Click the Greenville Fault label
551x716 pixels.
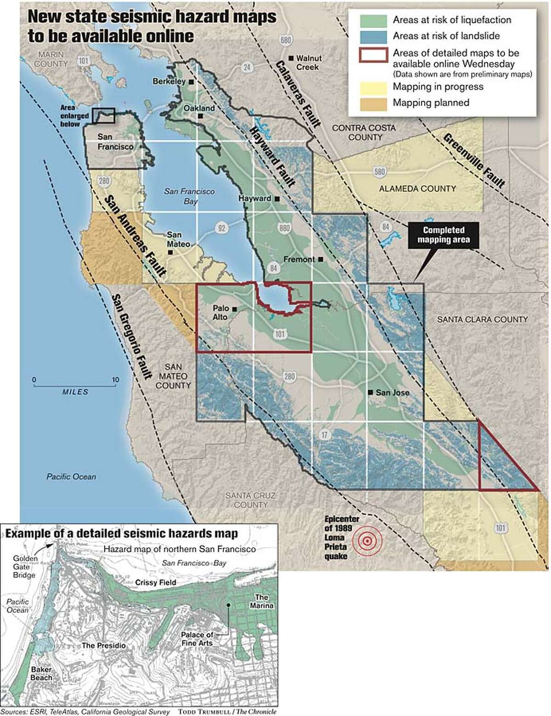point(474,160)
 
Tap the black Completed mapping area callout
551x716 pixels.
point(443,235)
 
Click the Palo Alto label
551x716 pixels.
point(220,313)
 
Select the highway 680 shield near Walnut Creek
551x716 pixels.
point(286,40)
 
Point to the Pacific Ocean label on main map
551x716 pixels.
point(71,477)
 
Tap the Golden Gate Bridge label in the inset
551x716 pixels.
point(24,567)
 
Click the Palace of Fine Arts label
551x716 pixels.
point(197,639)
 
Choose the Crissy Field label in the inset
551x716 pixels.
point(156,583)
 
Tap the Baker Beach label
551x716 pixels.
point(41,673)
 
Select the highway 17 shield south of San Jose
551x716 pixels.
point(324,435)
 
